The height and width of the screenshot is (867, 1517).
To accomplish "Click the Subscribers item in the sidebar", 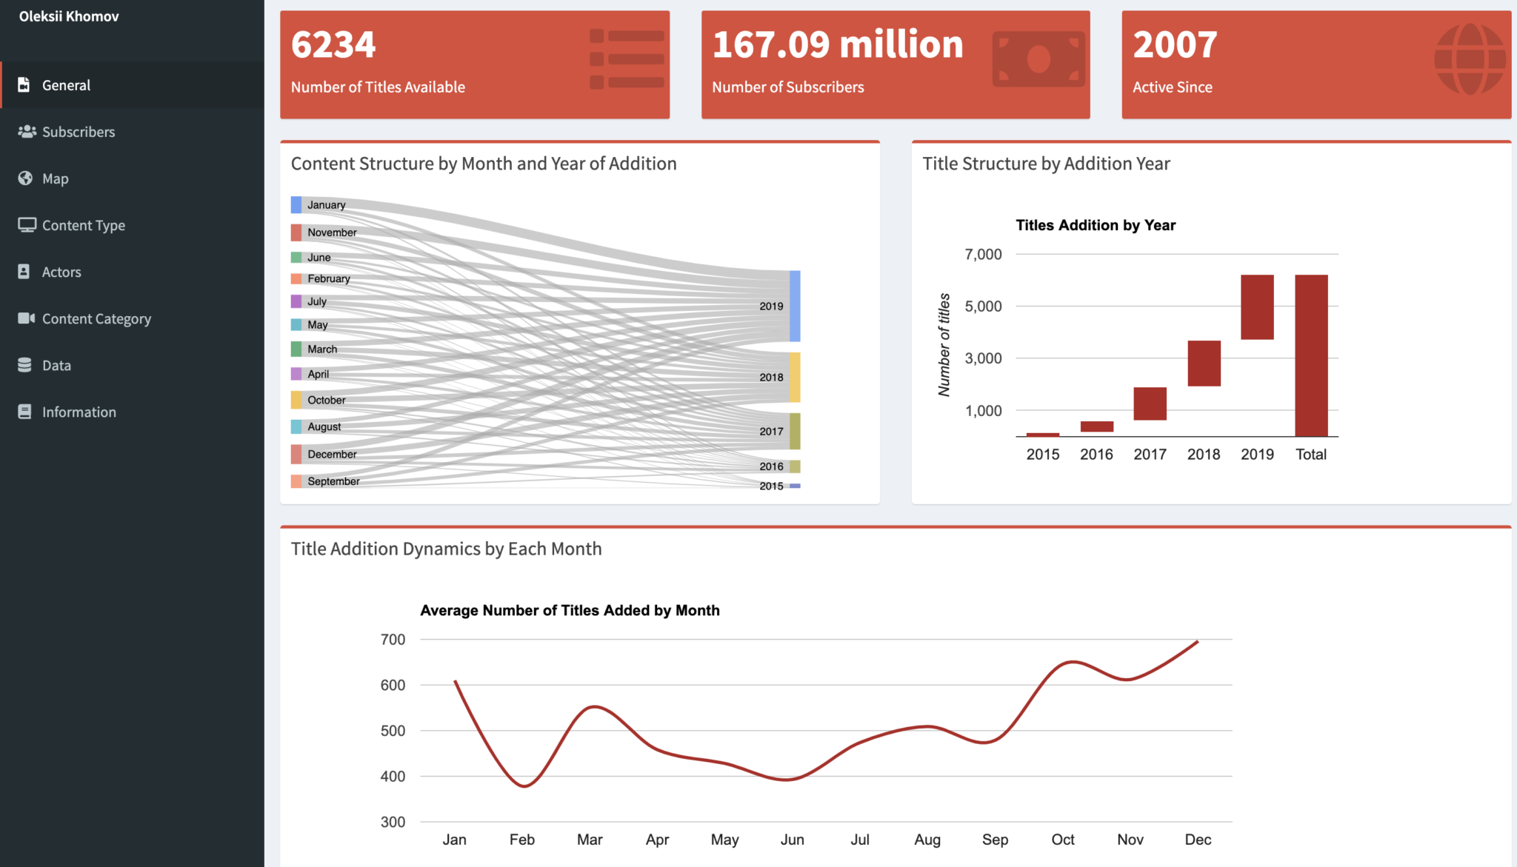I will pos(78,132).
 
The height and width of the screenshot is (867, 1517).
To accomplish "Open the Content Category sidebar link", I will pos(96,318).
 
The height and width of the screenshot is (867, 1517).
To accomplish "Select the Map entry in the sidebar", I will pos(55,178).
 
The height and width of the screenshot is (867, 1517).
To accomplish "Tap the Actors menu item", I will pos(61,272).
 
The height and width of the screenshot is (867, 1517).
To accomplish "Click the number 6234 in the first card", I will pos(333,44).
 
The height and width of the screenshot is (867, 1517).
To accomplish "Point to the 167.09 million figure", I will pos(837,44).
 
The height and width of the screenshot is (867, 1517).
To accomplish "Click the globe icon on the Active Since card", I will pos(1470,59).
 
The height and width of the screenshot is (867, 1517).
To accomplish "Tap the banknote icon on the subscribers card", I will pos(1038,59).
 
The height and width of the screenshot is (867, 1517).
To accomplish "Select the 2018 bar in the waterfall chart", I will pos(1204,363).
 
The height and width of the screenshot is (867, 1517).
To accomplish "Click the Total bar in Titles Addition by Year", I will pos(1311,355).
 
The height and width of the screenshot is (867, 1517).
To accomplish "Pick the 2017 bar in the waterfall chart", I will pos(1150,404).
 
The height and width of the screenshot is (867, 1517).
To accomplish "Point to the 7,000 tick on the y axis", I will pos(983,255).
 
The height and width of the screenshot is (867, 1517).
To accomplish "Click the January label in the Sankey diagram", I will pos(326,205).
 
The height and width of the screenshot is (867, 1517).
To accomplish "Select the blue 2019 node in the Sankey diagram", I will pos(795,306).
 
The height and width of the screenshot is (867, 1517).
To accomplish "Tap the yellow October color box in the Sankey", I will pos(296,400).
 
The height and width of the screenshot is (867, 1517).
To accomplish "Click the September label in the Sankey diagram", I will pos(333,481).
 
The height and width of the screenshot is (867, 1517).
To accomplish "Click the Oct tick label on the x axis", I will pos(1062,840).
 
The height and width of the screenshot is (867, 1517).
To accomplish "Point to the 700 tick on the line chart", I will pos(393,640).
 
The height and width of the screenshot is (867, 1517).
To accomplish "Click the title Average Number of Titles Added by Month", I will pos(570,610).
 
